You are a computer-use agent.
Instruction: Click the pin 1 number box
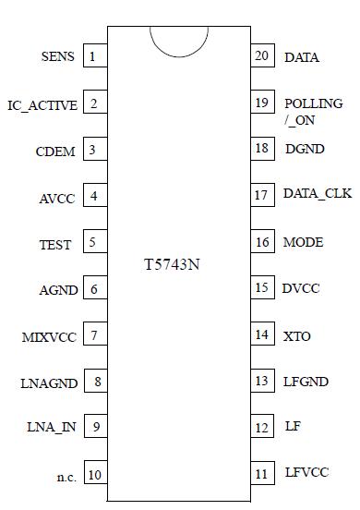point(93,57)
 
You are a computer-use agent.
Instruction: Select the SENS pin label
point(58,57)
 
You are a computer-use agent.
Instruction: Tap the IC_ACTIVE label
point(42,105)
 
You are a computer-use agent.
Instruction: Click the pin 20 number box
point(262,56)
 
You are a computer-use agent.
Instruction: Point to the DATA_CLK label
point(317,195)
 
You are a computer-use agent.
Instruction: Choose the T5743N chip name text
point(173,264)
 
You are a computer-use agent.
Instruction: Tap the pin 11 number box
point(262,473)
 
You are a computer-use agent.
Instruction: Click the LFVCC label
point(306,473)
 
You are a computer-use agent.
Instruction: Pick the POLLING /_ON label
point(313,112)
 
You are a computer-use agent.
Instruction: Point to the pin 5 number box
point(93,243)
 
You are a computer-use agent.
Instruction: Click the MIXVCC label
point(48,336)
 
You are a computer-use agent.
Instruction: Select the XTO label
point(298,336)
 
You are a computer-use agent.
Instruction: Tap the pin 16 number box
point(262,242)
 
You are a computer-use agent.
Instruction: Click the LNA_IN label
point(52,427)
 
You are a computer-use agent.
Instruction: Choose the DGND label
point(304,149)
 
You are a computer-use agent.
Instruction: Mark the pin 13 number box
point(262,381)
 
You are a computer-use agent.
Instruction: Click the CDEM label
point(55,152)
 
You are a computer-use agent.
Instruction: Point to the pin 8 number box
point(93,381)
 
